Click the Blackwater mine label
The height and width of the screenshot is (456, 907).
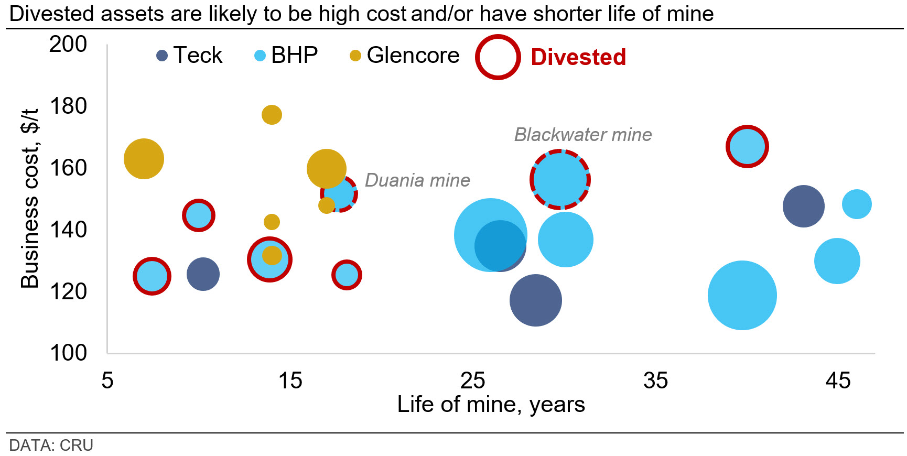582,135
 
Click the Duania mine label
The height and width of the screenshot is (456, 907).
417,180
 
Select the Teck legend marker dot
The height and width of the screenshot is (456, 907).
162,56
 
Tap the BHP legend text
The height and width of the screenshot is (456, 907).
294,55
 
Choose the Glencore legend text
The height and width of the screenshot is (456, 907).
413,55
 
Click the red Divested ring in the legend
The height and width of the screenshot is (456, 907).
498,57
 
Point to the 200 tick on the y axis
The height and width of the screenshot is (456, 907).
68,45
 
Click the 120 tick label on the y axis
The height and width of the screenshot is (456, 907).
68,291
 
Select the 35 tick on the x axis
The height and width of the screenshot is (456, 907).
655,381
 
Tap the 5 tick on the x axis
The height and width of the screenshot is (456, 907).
107,381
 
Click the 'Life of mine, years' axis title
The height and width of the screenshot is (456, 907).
491,405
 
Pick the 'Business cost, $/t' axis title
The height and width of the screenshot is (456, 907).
30,198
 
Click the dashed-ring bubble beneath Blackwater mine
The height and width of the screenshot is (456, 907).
560,180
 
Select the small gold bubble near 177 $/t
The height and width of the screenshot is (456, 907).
272,114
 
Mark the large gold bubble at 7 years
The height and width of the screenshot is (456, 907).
144,159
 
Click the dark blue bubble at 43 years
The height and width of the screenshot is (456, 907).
803,206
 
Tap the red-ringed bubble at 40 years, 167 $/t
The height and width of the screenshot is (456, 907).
747,147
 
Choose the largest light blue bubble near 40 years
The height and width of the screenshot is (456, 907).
742,295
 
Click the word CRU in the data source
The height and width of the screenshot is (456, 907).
77,446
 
